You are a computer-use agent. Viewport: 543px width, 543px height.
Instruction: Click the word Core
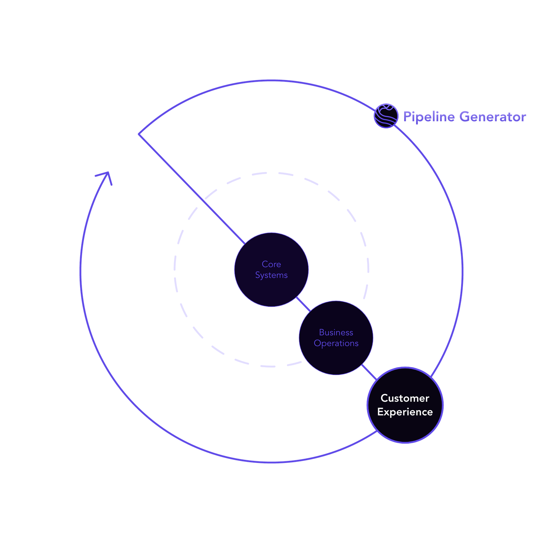coord(271,264)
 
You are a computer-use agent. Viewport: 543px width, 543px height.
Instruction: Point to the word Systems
coord(271,275)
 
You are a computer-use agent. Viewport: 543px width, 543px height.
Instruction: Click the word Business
coord(336,332)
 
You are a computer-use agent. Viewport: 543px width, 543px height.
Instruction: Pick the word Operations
coord(336,343)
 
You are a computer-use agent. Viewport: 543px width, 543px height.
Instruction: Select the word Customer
coord(405,398)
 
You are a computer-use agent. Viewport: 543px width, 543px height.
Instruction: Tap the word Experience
coord(405,412)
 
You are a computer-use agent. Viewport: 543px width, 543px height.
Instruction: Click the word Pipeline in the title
coord(429,117)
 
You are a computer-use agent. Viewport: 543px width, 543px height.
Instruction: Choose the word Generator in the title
coord(493,117)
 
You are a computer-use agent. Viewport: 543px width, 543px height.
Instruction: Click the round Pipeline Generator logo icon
coord(386,116)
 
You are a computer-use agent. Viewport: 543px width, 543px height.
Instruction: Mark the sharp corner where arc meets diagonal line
coord(138,134)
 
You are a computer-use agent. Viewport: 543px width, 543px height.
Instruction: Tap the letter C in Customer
coord(385,398)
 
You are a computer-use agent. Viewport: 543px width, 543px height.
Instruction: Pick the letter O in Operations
coord(318,343)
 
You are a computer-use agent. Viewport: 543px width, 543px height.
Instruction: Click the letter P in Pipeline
coord(407,117)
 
